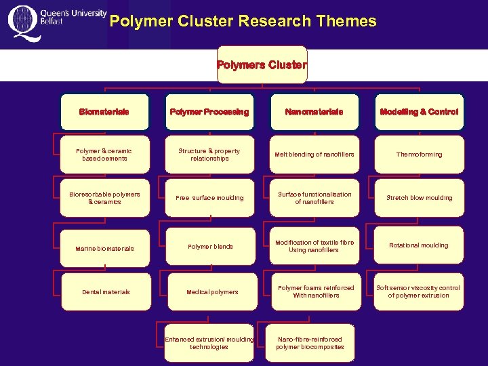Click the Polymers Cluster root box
click(262, 65)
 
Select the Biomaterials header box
click(104, 112)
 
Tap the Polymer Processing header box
click(209, 112)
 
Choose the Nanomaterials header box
click(314, 112)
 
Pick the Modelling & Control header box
click(419, 112)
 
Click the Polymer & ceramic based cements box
click(104, 155)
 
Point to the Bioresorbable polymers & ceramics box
click(104, 198)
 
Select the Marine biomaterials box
click(104, 248)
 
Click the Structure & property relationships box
click(209, 155)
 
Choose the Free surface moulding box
click(209, 198)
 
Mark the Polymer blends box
click(209, 246)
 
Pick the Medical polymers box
click(209, 292)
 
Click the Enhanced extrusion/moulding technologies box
click(209, 343)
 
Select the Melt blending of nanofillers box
click(314, 155)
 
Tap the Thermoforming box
click(419, 155)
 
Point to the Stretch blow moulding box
click(419, 198)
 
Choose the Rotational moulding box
click(419, 245)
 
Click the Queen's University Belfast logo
click(57, 23)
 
